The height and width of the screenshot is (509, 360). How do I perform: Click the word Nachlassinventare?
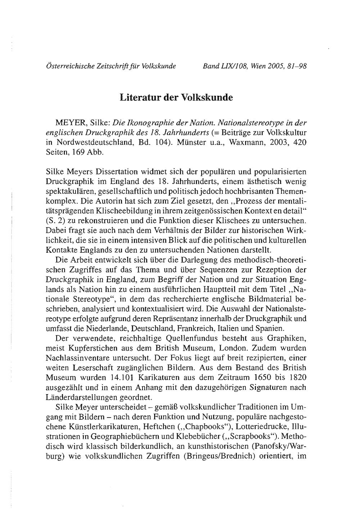coord(84,358)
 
